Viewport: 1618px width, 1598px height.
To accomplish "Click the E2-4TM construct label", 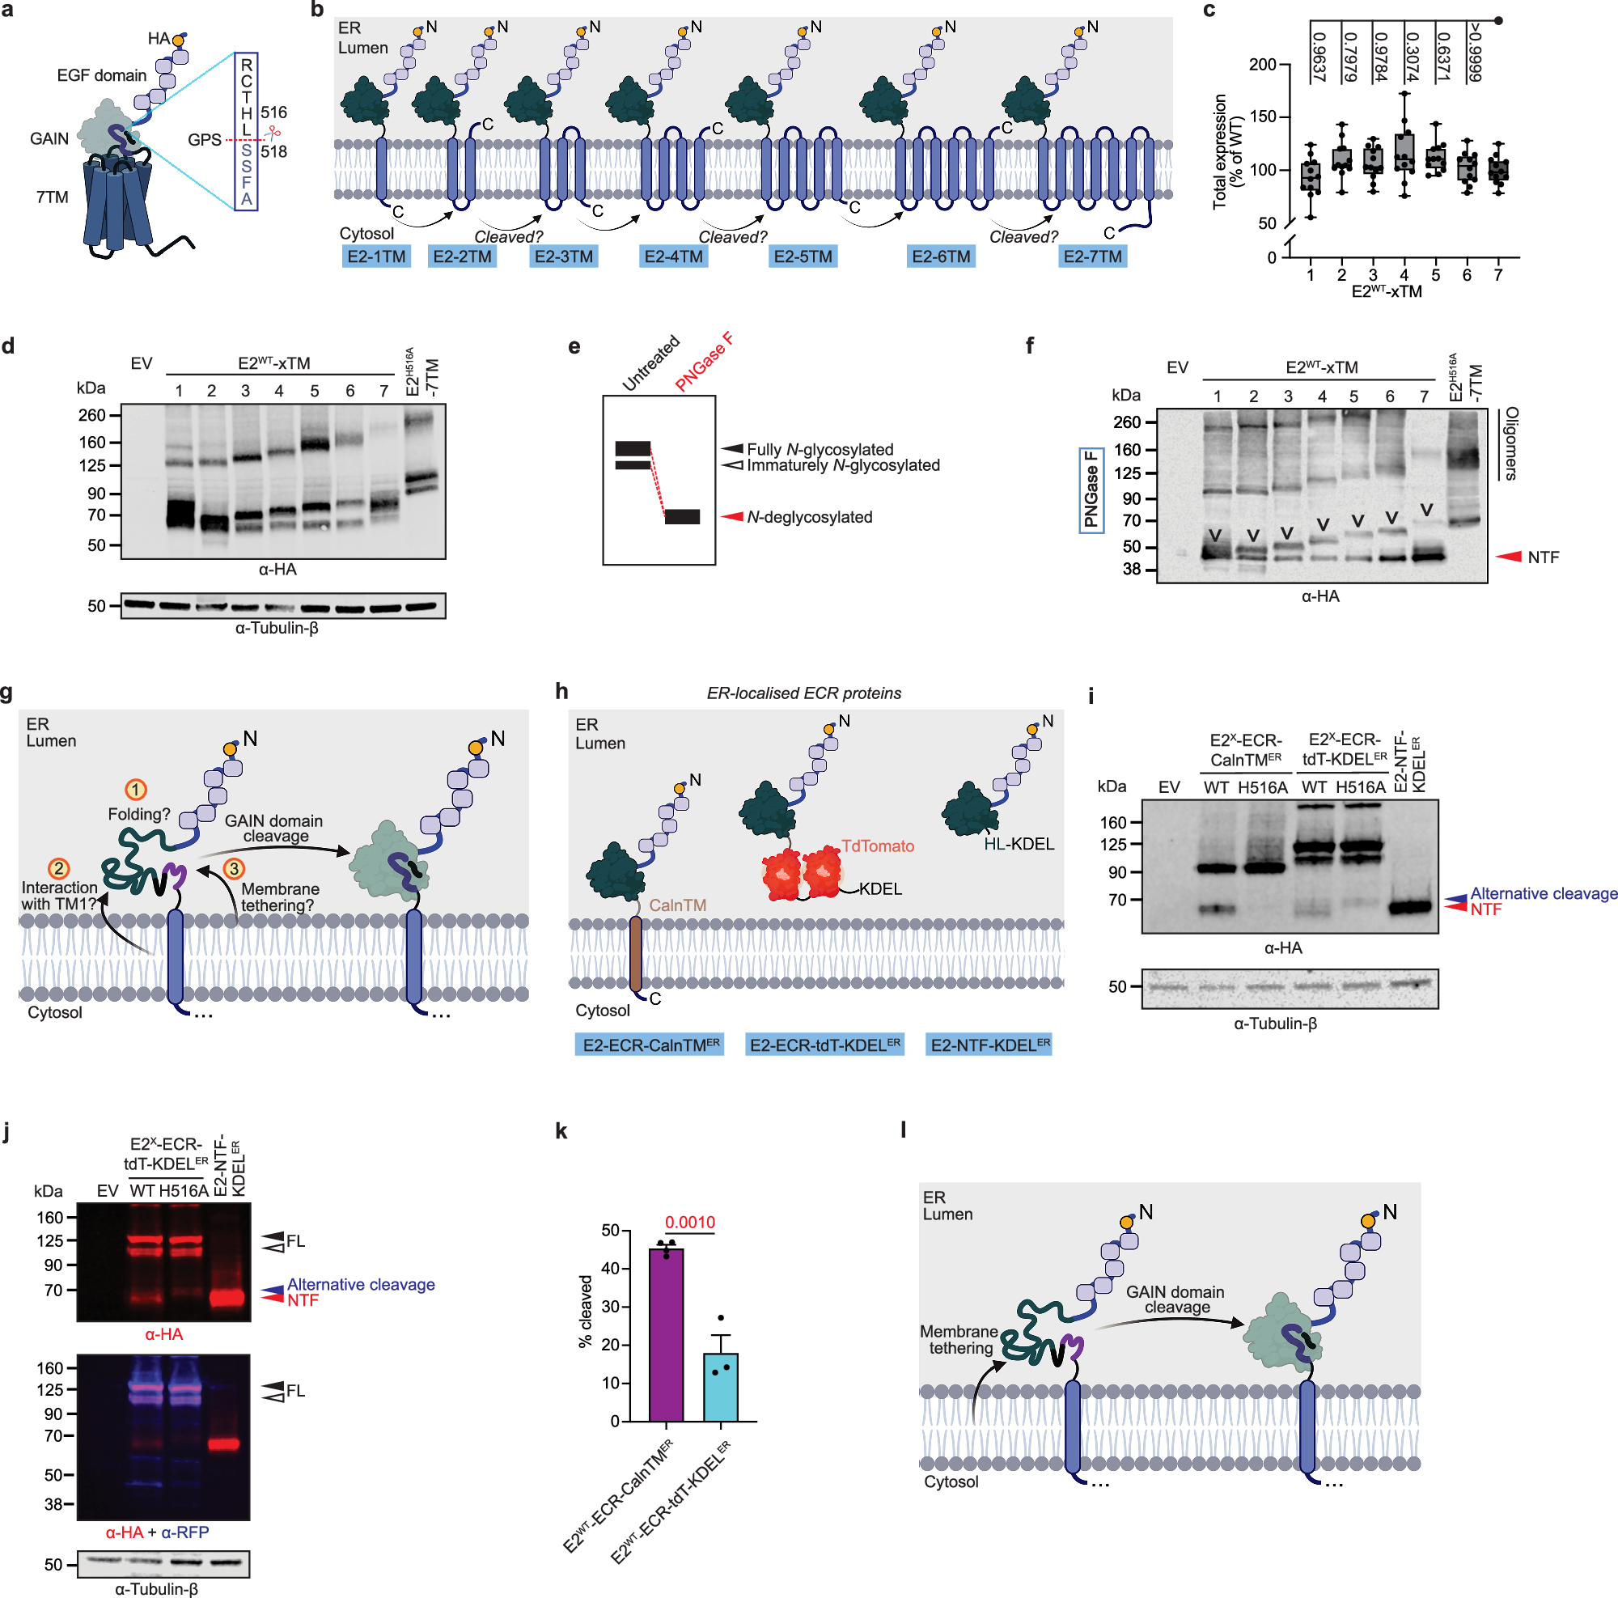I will coord(673,256).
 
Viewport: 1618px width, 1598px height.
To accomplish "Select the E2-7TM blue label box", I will coord(1092,256).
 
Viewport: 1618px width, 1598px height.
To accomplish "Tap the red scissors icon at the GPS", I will coord(272,133).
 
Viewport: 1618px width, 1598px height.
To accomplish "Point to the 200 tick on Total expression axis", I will coord(1262,66).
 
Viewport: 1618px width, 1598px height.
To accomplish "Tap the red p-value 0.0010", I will coord(690,1222).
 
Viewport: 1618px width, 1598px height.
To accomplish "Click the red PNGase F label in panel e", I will coord(705,362).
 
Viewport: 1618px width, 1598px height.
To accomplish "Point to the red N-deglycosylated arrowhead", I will coord(733,517).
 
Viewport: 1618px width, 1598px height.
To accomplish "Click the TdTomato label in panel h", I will coord(877,846).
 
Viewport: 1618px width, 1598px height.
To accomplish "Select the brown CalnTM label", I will coord(677,905).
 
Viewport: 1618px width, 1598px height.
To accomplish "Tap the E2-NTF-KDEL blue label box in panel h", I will coord(990,1045).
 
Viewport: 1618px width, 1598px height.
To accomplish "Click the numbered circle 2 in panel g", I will coord(58,868).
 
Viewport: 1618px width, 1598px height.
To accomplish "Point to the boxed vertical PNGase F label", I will coord(1091,490).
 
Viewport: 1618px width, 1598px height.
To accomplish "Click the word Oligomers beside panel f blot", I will coord(1510,443).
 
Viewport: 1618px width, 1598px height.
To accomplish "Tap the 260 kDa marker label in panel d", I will coord(92,415).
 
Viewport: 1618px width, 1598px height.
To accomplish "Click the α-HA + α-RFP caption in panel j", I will coord(158,1532).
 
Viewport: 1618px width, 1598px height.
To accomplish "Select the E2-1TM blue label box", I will coord(376,256).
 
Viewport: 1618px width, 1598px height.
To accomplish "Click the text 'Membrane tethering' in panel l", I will coord(959,1339).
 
